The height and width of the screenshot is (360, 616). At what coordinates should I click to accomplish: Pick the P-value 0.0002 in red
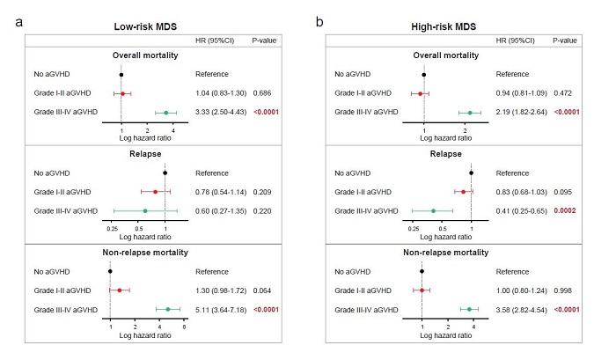[565, 210]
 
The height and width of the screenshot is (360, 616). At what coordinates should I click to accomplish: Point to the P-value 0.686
[263, 92]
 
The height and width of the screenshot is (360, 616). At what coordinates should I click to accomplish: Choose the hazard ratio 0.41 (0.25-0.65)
[524, 210]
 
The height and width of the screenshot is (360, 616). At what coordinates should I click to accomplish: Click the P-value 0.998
[563, 290]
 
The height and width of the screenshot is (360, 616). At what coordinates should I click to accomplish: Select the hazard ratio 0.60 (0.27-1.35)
[222, 210]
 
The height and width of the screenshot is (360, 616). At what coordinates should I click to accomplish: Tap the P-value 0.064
[263, 290]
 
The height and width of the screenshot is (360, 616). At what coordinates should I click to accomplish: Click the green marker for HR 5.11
[167, 309]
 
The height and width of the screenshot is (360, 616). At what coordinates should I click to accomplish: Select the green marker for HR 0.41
[433, 210]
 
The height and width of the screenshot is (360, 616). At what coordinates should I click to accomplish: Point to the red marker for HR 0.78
[155, 191]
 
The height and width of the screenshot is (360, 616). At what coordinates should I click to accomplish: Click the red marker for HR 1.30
[120, 290]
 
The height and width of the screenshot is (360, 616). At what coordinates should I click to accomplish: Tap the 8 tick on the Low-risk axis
[184, 327]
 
